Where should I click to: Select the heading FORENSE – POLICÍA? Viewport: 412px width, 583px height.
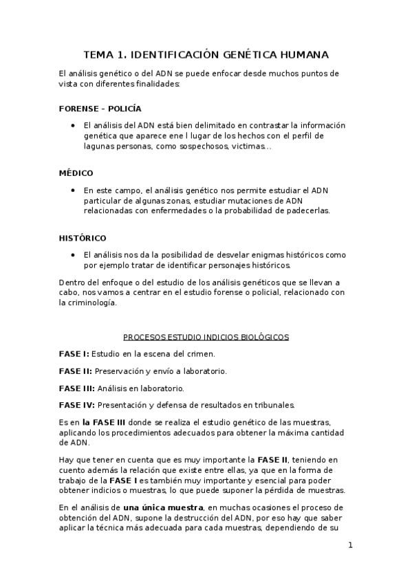pyautogui.click(x=100, y=109)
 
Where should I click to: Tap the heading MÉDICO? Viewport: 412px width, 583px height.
pyautogui.click(x=76, y=173)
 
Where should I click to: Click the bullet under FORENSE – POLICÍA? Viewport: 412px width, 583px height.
pyautogui.click(x=73, y=126)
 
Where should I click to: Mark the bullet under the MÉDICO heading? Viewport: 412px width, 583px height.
pyautogui.click(x=73, y=190)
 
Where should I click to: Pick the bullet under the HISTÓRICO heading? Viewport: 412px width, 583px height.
pyautogui.click(x=73, y=255)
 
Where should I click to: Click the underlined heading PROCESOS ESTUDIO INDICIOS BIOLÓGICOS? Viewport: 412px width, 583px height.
pyautogui.click(x=206, y=337)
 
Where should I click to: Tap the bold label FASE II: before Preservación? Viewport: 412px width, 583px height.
pyautogui.click(x=76, y=371)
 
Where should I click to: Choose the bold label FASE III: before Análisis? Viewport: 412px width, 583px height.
pyautogui.click(x=77, y=388)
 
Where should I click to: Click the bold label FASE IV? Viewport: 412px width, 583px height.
pyautogui.click(x=77, y=405)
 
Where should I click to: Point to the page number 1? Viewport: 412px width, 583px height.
pyautogui.click(x=350, y=546)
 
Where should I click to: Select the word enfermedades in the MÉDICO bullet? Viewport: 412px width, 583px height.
pyautogui.click(x=179, y=211)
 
